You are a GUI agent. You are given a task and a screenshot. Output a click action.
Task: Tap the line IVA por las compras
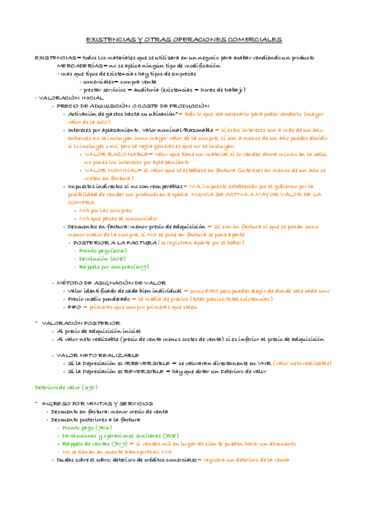click(106, 210)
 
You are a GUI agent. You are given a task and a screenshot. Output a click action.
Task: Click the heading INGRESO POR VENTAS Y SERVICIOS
click(89, 404)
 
